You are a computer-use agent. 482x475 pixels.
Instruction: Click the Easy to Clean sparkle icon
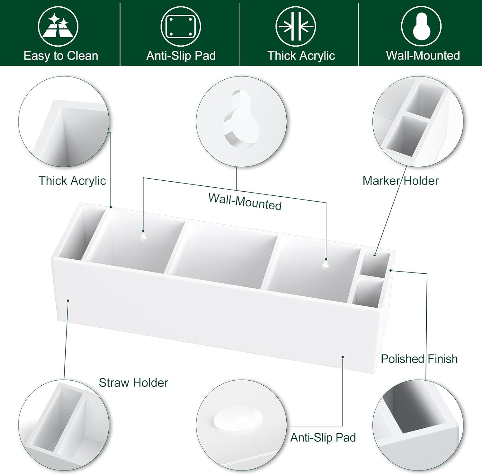(x=58, y=26)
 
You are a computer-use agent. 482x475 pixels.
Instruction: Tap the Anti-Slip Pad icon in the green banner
(x=181, y=26)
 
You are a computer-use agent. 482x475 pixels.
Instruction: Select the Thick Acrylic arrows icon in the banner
(x=296, y=26)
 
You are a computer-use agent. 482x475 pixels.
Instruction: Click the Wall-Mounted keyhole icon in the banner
(x=421, y=26)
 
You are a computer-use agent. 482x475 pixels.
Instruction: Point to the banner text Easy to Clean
(x=61, y=56)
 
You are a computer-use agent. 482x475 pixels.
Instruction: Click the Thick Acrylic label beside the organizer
(x=72, y=181)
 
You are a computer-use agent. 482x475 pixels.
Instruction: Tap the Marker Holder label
(x=400, y=181)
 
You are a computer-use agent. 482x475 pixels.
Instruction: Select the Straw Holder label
(x=133, y=382)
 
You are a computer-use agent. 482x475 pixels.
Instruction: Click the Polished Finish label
(x=419, y=359)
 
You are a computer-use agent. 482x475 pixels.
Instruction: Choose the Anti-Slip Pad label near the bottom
(x=323, y=437)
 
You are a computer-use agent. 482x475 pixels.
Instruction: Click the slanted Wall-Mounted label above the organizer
(x=245, y=202)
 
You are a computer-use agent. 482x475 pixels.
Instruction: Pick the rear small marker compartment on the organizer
(x=374, y=264)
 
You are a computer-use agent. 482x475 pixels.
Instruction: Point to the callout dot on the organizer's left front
(x=68, y=300)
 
